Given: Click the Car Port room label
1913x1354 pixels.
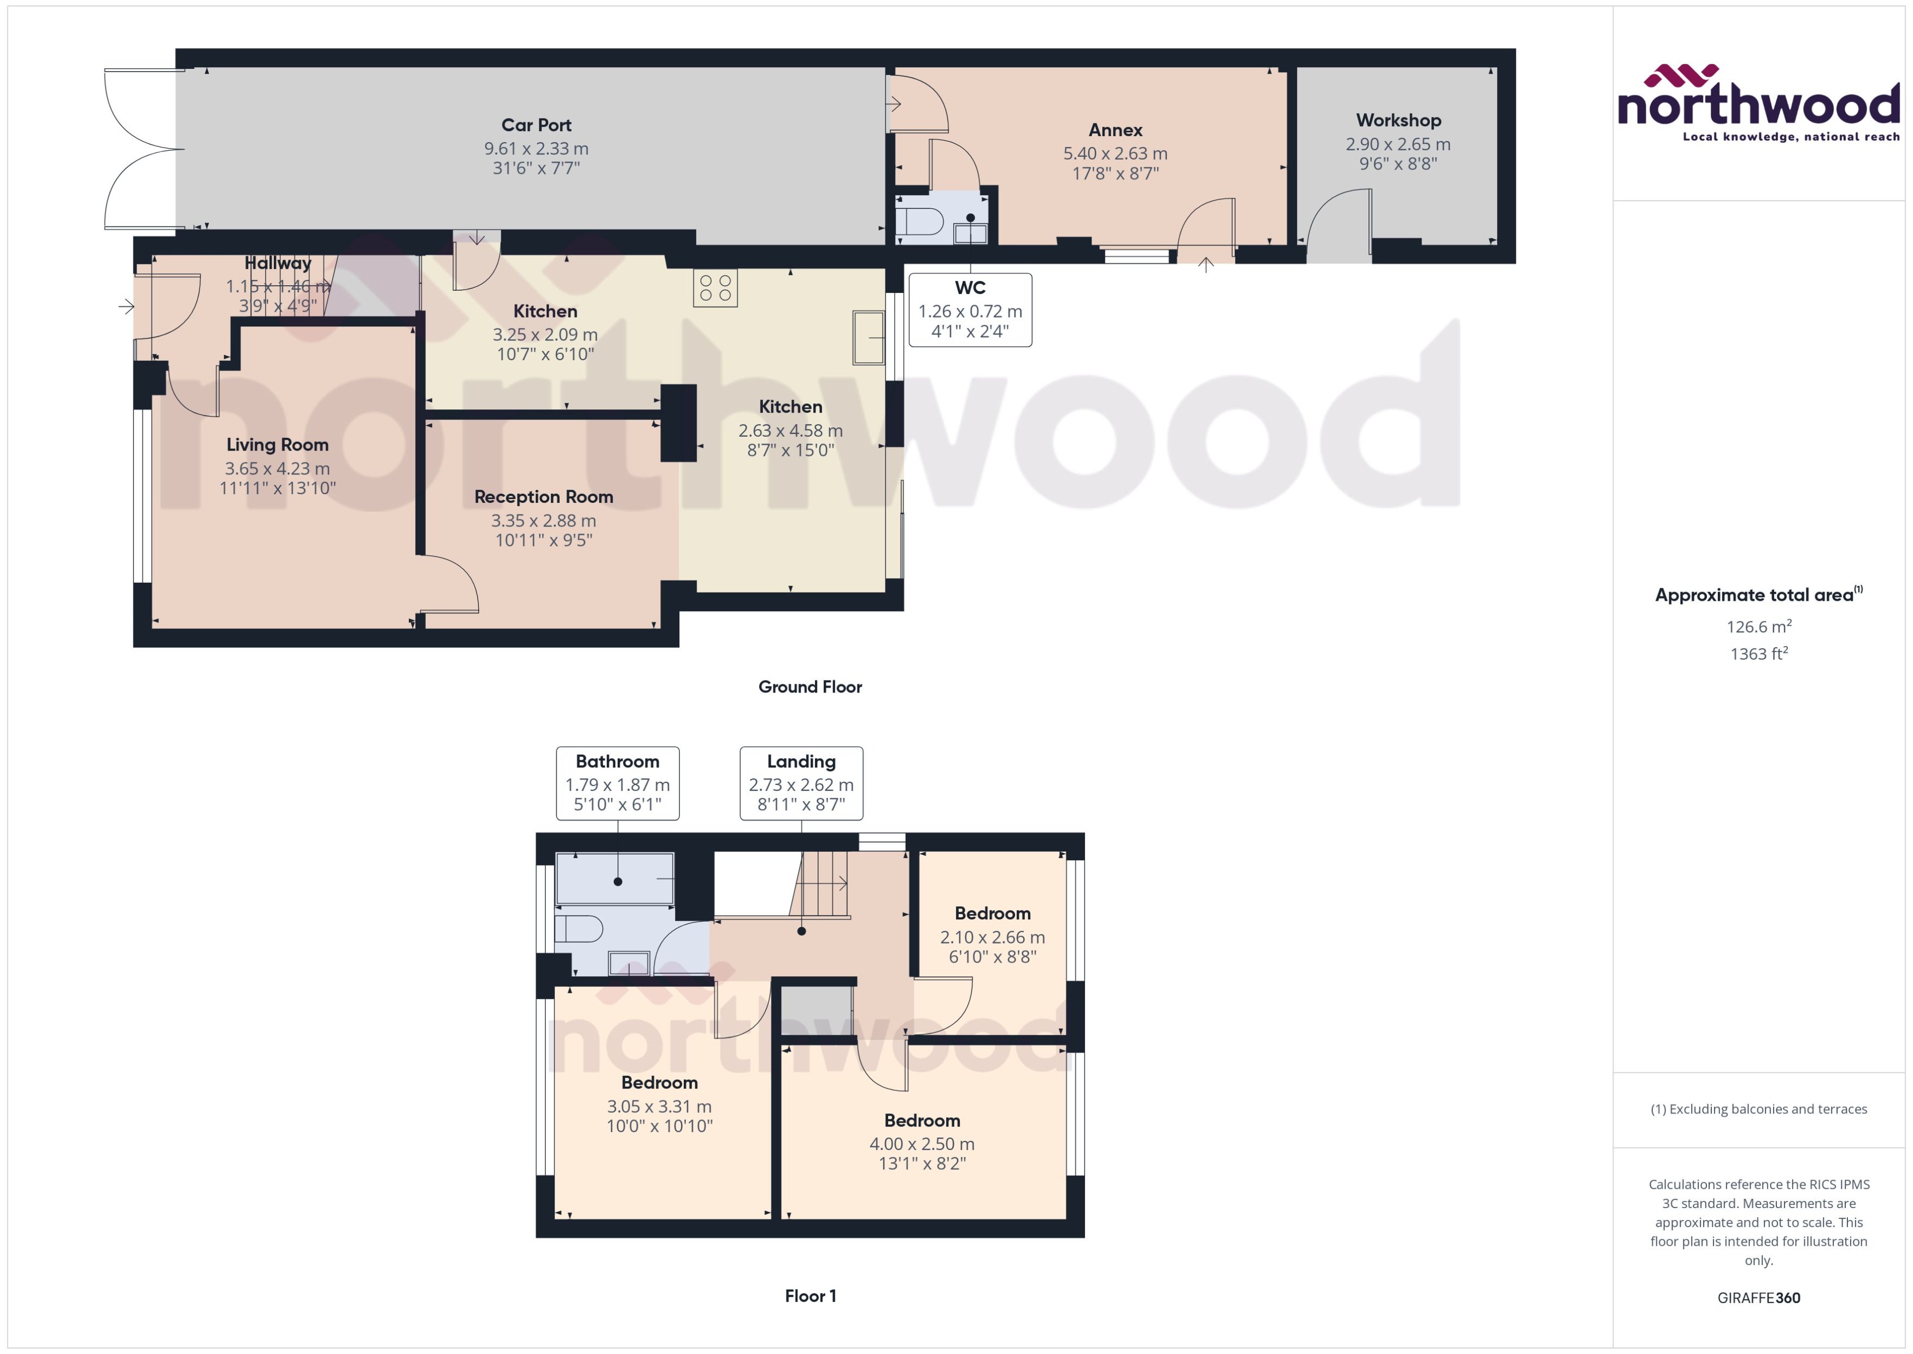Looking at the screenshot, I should tap(536, 125).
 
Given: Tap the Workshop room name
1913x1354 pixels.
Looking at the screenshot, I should tap(1398, 120).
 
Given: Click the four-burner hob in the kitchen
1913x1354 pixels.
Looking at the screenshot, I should tap(715, 289).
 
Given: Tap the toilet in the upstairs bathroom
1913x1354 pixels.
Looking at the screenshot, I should tap(578, 928).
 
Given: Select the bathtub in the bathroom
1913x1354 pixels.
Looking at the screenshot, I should tap(614, 878).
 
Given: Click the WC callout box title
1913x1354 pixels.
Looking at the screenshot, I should tap(970, 288).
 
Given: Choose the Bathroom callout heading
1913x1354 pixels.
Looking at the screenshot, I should tap(617, 761).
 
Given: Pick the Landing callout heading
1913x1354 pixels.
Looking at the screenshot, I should tap(801, 761).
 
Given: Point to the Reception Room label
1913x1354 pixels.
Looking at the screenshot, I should tap(543, 497).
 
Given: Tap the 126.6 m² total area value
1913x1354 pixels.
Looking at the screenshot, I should tap(1758, 626).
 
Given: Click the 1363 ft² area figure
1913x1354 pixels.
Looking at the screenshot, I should tap(1758, 654).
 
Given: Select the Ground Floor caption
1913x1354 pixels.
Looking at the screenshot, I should tap(809, 687).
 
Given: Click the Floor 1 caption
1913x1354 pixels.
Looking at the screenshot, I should tap(809, 1296).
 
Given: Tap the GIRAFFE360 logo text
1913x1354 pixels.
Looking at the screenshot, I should tap(1758, 1298).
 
